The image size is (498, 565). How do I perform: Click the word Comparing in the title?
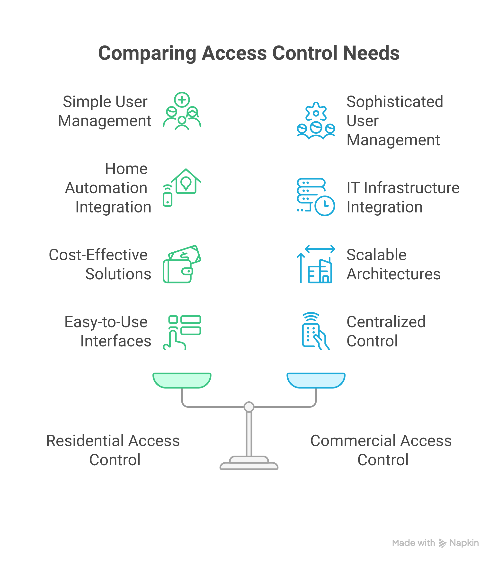click(147, 53)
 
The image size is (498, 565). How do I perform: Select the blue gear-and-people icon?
click(316, 121)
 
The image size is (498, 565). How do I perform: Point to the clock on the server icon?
click(325, 206)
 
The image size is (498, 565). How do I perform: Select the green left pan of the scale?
click(182, 380)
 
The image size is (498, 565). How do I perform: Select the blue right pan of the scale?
click(316, 380)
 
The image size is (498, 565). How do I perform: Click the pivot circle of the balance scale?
click(249, 407)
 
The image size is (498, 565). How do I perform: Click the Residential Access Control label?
click(113, 450)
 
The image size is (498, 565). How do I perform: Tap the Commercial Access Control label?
click(381, 450)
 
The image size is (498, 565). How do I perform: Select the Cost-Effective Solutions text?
click(99, 264)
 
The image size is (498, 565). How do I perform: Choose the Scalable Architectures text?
click(393, 264)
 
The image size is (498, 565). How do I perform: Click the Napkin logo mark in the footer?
click(443, 543)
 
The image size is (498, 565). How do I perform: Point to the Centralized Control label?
click(386, 331)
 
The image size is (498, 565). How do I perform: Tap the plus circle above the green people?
click(182, 99)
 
